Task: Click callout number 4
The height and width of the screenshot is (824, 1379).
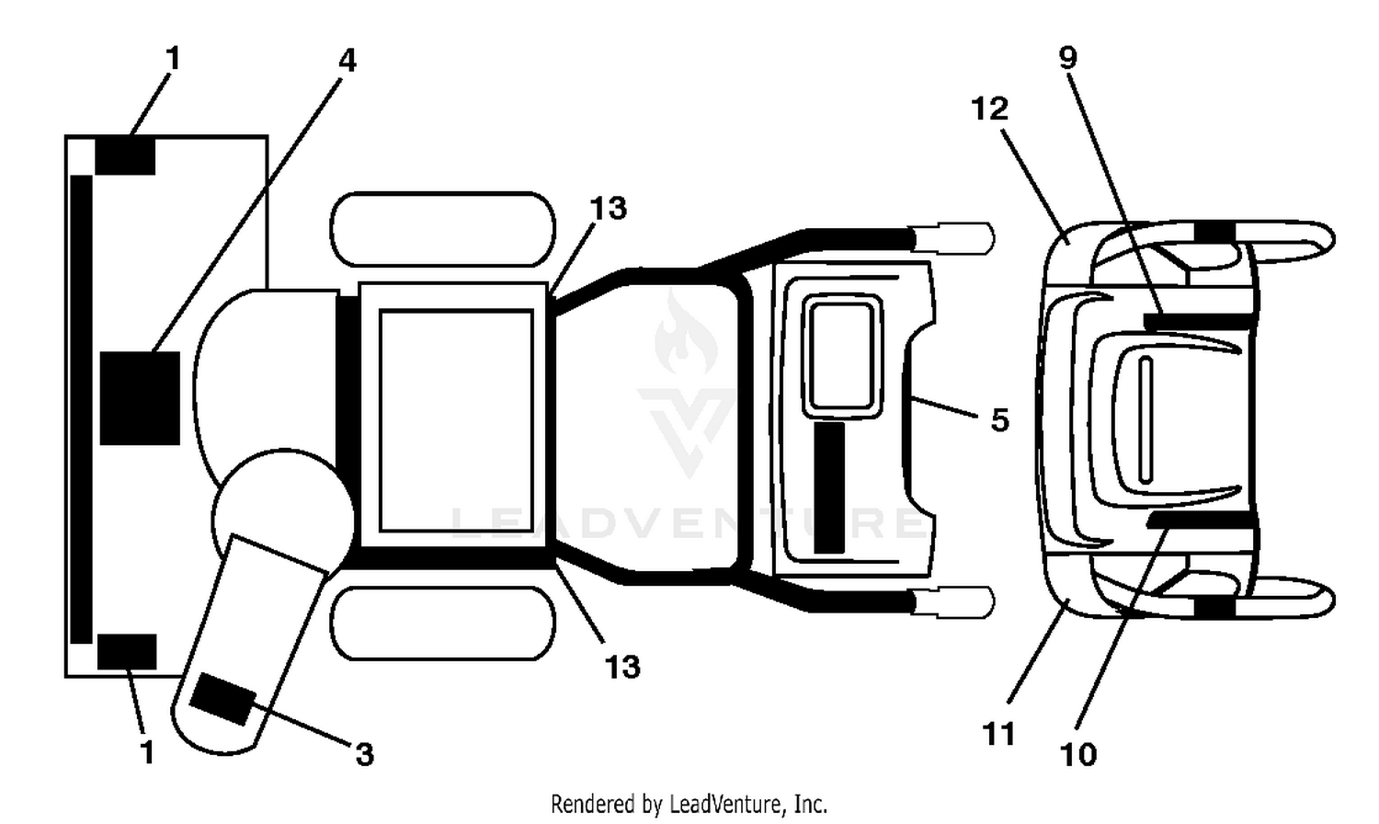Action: click(348, 61)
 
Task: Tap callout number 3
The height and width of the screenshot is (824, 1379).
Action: click(365, 754)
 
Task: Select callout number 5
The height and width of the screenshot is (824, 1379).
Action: click(1000, 420)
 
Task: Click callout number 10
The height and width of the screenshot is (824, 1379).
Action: click(1078, 754)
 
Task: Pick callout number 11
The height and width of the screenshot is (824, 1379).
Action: click(998, 734)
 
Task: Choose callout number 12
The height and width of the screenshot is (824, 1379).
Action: click(990, 109)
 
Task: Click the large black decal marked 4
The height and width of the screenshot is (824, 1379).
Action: click(140, 398)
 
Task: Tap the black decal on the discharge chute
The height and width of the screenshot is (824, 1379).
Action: click(222, 700)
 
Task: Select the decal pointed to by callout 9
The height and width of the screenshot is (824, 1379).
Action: click(1197, 321)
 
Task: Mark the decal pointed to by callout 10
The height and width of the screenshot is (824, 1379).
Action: click(1201, 521)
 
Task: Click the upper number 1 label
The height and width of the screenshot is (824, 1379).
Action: click(174, 59)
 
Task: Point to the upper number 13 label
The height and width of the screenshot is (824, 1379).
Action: click(609, 208)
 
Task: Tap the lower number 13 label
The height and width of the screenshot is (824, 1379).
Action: click(622, 667)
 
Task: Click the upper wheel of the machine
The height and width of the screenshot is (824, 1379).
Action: click(442, 229)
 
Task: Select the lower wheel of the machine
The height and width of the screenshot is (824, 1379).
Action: click(442, 624)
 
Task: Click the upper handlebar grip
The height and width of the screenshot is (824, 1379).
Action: click(953, 237)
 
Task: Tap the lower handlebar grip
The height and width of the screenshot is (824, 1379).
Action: click(953, 601)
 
